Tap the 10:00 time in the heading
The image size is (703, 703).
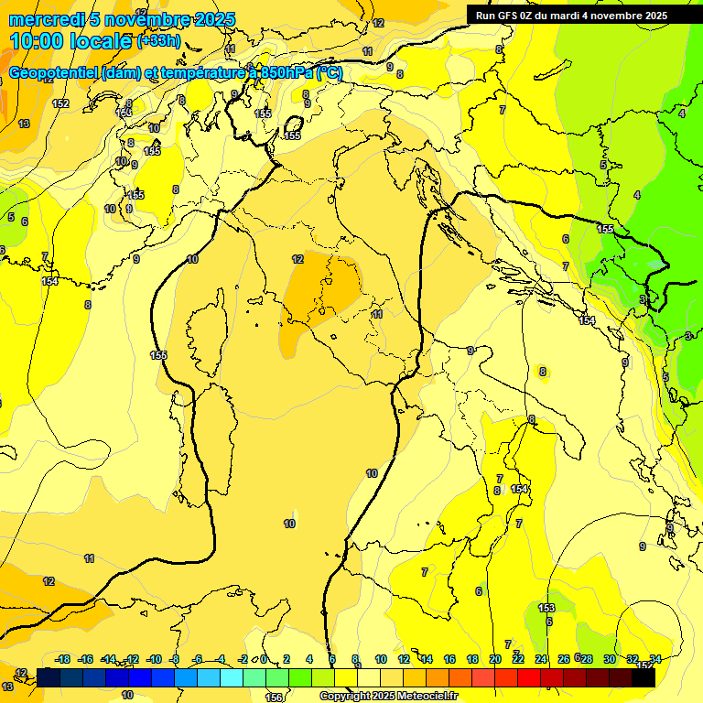(x=34, y=41)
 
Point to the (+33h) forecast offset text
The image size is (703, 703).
(x=157, y=41)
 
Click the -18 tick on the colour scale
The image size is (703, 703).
(x=63, y=659)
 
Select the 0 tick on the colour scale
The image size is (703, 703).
(x=264, y=659)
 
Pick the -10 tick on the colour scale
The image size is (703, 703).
(x=154, y=659)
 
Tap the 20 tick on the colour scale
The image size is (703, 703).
(x=495, y=659)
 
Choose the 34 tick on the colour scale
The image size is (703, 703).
(x=655, y=659)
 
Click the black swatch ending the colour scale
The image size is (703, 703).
(x=644, y=676)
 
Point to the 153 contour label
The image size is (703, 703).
(x=546, y=608)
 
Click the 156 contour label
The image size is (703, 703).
(x=273, y=698)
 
